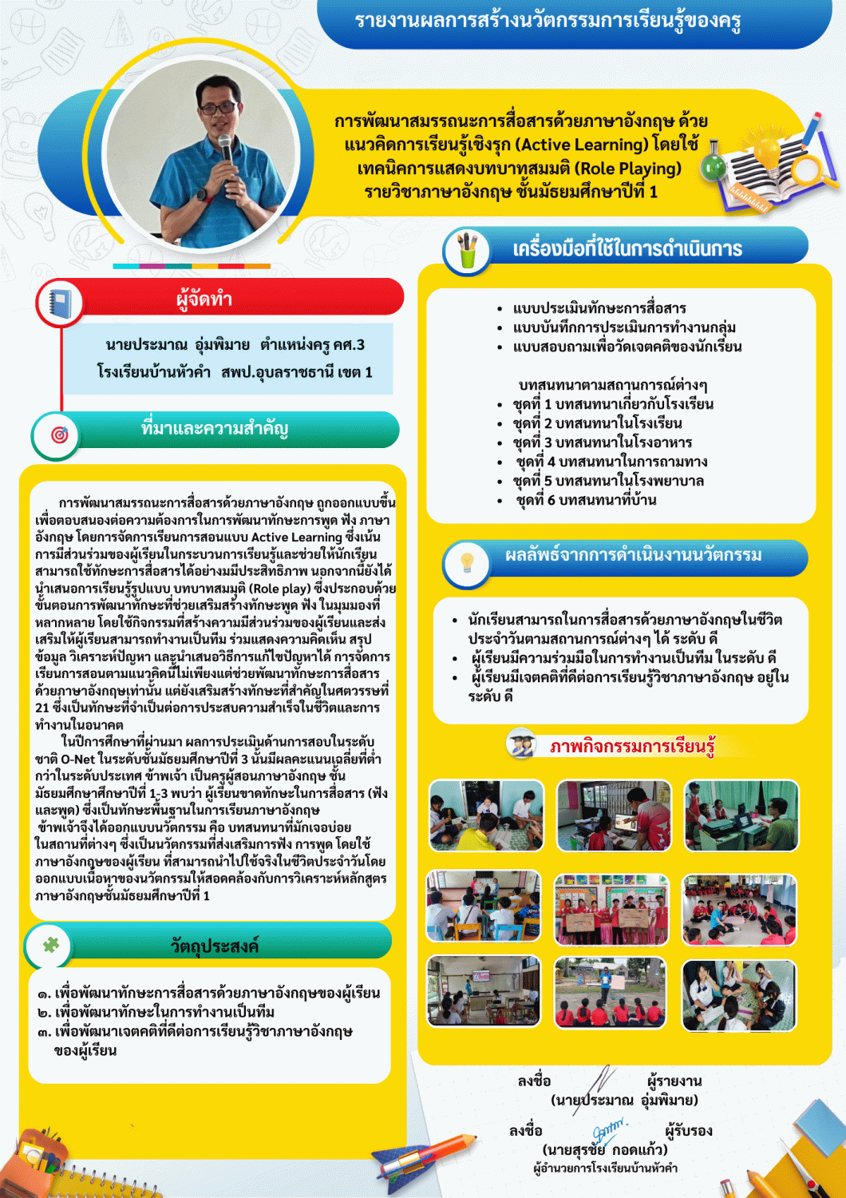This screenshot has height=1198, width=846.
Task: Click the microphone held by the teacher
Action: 225,148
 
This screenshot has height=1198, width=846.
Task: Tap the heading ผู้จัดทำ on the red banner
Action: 204,299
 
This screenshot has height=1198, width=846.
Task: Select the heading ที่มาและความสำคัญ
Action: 214,429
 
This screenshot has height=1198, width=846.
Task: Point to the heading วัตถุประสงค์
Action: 214,946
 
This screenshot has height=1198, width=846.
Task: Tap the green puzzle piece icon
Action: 51,946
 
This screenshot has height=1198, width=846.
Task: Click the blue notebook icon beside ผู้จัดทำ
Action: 60,303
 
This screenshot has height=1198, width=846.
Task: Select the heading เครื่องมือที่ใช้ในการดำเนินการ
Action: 627,248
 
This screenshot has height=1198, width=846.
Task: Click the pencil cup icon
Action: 468,250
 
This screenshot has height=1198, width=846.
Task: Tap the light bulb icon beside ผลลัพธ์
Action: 468,562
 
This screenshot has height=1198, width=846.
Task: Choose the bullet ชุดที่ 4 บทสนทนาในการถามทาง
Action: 611,462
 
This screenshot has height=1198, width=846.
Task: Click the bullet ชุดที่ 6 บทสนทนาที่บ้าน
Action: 586,500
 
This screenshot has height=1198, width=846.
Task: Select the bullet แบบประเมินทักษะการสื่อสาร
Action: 599,308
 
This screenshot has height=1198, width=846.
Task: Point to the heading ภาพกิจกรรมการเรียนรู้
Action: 632,747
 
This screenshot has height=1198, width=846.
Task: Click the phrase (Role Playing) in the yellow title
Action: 628,169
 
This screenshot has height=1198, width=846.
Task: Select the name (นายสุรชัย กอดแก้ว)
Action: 605,1149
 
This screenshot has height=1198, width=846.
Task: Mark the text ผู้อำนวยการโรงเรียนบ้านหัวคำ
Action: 605,1168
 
